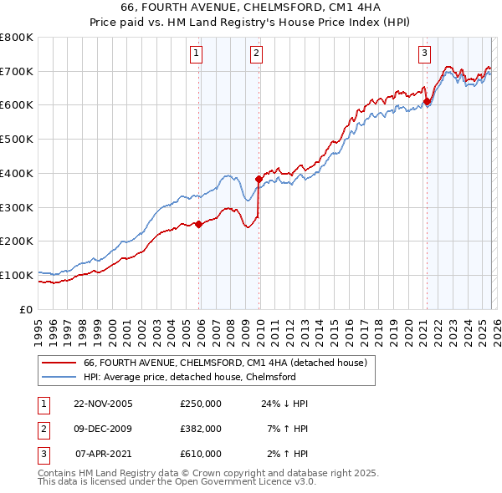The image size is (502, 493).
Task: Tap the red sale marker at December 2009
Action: (x=259, y=178)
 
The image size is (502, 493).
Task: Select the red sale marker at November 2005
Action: (x=199, y=223)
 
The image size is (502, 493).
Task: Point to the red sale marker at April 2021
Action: (x=427, y=101)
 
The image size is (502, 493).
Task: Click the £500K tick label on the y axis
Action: (x=17, y=140)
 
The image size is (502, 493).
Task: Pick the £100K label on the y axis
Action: (x=17, y=275)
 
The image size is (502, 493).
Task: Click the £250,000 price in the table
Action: (x=200, y=404)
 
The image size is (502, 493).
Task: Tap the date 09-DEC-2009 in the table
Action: (x=103, y=429)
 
